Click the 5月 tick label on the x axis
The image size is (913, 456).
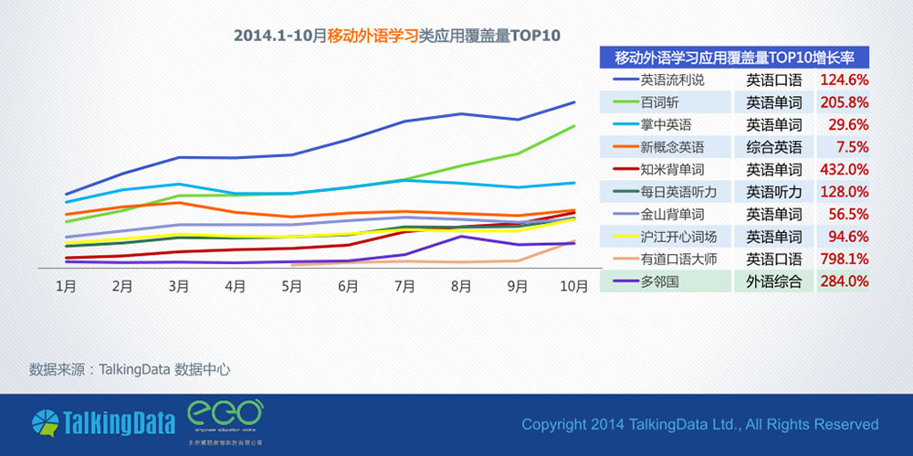[x=291, y=286]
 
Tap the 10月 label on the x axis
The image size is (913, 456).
[x=573, y=286]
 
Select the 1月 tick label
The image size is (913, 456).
[x=66, y=286]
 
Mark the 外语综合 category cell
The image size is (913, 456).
[x=774, y=281]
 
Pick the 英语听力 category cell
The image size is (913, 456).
[x=774, y=192]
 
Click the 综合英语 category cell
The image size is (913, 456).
[x=774, y=147]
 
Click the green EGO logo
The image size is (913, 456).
[x=225, y=416]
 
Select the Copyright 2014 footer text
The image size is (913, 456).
[x=699, y=424]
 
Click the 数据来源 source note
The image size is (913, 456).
[x=129, y=370]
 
